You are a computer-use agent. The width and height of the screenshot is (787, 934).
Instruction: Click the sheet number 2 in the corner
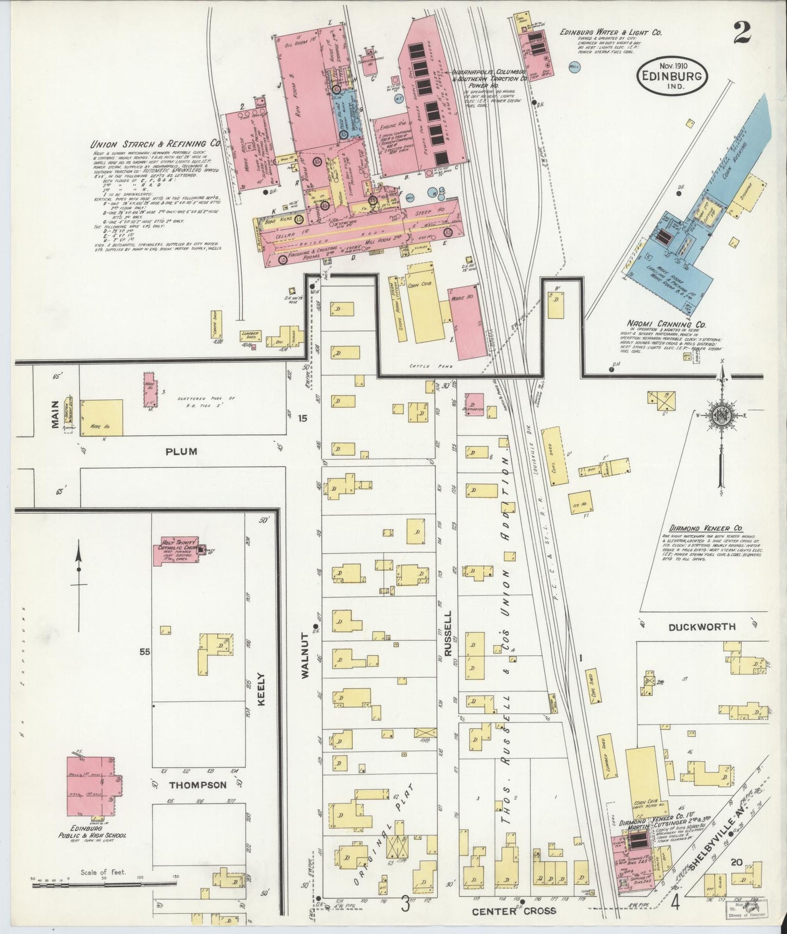pyautogui.click(x=741, y=34)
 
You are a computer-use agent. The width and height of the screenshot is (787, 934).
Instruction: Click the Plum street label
pyautogui.click(x=182, y=451)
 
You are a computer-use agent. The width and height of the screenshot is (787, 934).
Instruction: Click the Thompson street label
pyautogui.click(x=198, y=785)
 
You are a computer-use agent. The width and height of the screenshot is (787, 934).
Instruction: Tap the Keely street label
pyautogui.click(x=260, y=689)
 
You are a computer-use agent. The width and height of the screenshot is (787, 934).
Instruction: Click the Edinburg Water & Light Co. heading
pyautogui.click(x=611, y=33)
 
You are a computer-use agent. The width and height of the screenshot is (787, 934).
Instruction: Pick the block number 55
pyautogui.click(x=144, y=651)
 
